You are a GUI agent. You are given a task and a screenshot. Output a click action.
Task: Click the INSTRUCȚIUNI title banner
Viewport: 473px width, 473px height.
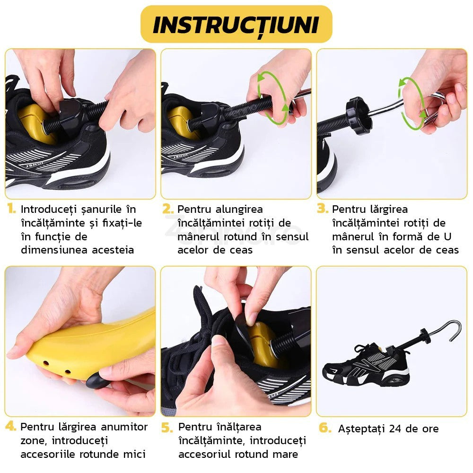click(236, 25)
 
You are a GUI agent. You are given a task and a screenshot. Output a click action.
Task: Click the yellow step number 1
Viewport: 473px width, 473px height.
click(11, 209)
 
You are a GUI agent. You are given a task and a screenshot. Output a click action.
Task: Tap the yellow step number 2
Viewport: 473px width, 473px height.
click(167, 209)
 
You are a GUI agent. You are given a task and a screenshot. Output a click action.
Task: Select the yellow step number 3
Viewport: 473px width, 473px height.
click(323, 209)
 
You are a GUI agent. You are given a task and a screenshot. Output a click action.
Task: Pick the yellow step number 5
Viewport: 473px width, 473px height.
click(167, 428)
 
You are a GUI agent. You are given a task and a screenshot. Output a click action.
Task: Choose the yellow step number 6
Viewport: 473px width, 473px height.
click(325, 428)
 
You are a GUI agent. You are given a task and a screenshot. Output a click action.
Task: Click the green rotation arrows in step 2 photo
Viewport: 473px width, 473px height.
click(273, 97)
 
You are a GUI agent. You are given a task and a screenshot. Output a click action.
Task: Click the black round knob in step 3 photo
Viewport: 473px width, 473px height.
click(358, 116)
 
